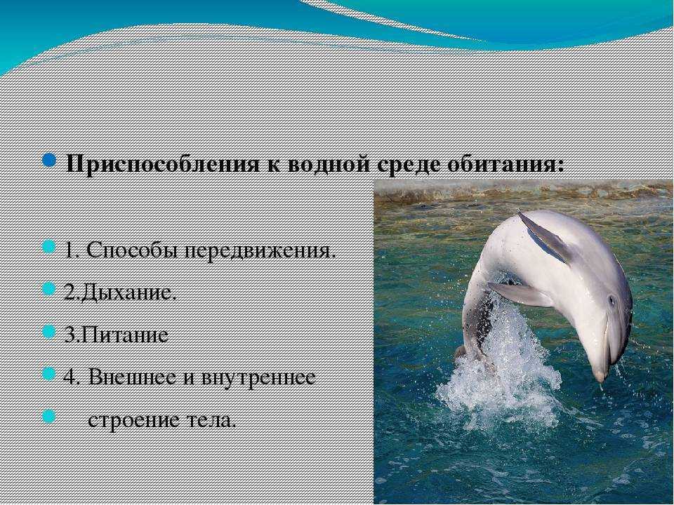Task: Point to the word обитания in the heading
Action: click(503, 163)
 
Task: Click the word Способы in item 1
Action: click(133, 250)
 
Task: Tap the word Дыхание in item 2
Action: click(128, 293)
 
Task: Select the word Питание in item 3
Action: click(124, 335)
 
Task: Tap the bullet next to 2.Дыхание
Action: click(49, 289)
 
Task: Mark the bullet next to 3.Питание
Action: click(49, 331)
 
